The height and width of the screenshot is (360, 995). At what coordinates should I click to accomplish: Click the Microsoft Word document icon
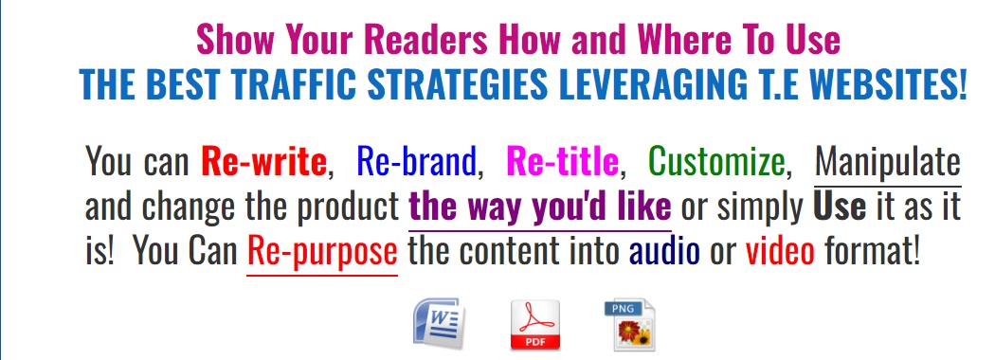(438, 323)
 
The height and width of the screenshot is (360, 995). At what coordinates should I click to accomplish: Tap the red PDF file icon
(535, 325)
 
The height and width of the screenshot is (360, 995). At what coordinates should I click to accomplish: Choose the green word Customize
(717, 162)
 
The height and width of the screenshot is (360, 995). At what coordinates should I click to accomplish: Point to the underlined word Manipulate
(888, 162)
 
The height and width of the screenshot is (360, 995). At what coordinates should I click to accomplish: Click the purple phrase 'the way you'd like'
(540, 207)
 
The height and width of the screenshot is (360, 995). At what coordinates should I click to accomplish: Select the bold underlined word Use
(840, 207)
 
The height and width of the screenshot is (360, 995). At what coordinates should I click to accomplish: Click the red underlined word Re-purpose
(322, 252)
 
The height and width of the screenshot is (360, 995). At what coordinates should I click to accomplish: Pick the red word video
(781, 252)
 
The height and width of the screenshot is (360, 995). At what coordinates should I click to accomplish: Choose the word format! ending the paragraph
(873, 252)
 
